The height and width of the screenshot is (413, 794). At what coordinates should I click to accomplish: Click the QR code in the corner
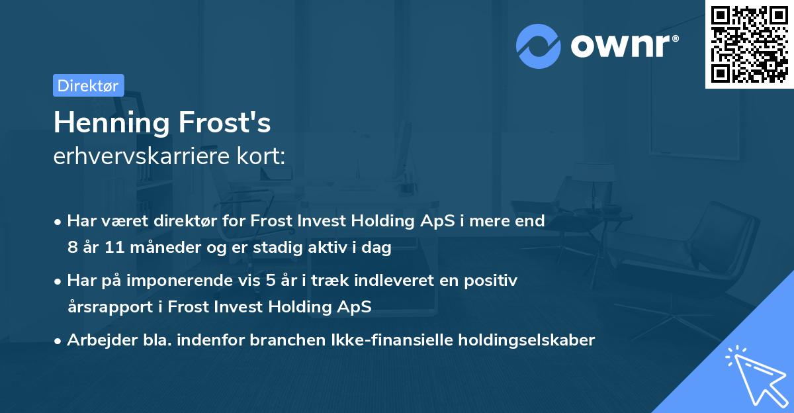749,44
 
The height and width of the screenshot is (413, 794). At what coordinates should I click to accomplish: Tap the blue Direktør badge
88,85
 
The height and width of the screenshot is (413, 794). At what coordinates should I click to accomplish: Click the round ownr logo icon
539,46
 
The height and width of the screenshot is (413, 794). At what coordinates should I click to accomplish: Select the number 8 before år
72,248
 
